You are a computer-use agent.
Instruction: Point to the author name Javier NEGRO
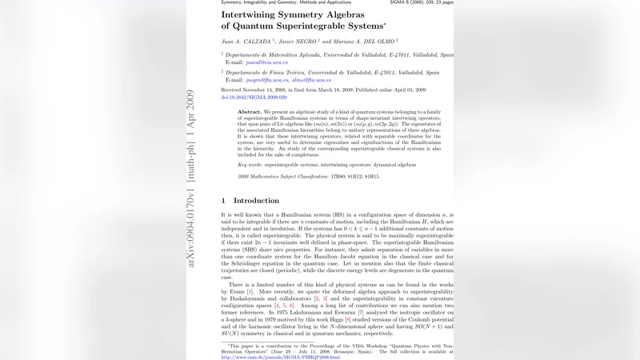(x=298, y=41)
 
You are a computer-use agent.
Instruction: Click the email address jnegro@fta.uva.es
(x=266, y=80)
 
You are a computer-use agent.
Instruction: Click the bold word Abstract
(x=250, y=112)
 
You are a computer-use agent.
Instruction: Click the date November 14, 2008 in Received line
(x=270, y=90)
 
